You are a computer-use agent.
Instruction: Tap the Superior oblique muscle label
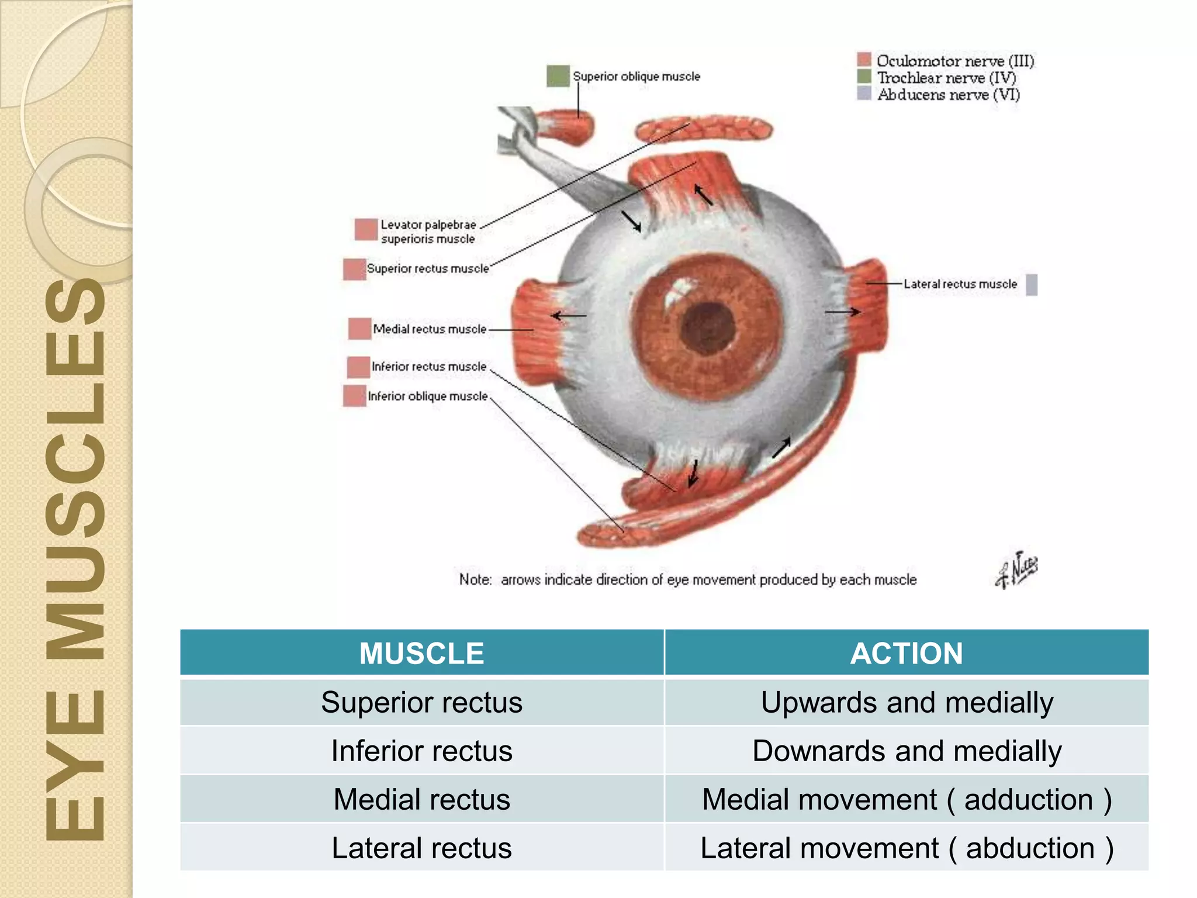[636, 77]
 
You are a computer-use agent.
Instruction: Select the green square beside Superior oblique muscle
[558, 76]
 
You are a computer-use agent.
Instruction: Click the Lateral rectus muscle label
[960, 284]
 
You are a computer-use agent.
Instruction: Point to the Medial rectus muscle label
[430, 329]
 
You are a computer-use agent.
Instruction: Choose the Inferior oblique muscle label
[427, 396]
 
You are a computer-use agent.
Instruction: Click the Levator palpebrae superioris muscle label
[428, 232]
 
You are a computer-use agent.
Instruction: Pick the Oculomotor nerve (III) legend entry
[954, 61]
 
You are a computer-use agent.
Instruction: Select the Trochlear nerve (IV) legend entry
[946, 78]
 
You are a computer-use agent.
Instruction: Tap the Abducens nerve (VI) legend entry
[947, 95]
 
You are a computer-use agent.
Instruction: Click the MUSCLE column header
[421, 653]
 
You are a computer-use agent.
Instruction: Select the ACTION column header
[907, 653]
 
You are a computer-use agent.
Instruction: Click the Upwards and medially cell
[907, 702]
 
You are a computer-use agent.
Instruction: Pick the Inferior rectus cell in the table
[421, 751]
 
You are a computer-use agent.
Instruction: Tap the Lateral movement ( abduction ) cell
[907, 848]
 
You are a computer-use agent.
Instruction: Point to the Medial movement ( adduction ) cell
[907, 799]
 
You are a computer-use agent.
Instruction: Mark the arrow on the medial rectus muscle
[568, 316]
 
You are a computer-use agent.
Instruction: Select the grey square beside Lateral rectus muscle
[1032, 285]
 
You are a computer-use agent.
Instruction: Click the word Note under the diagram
[475, 579]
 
